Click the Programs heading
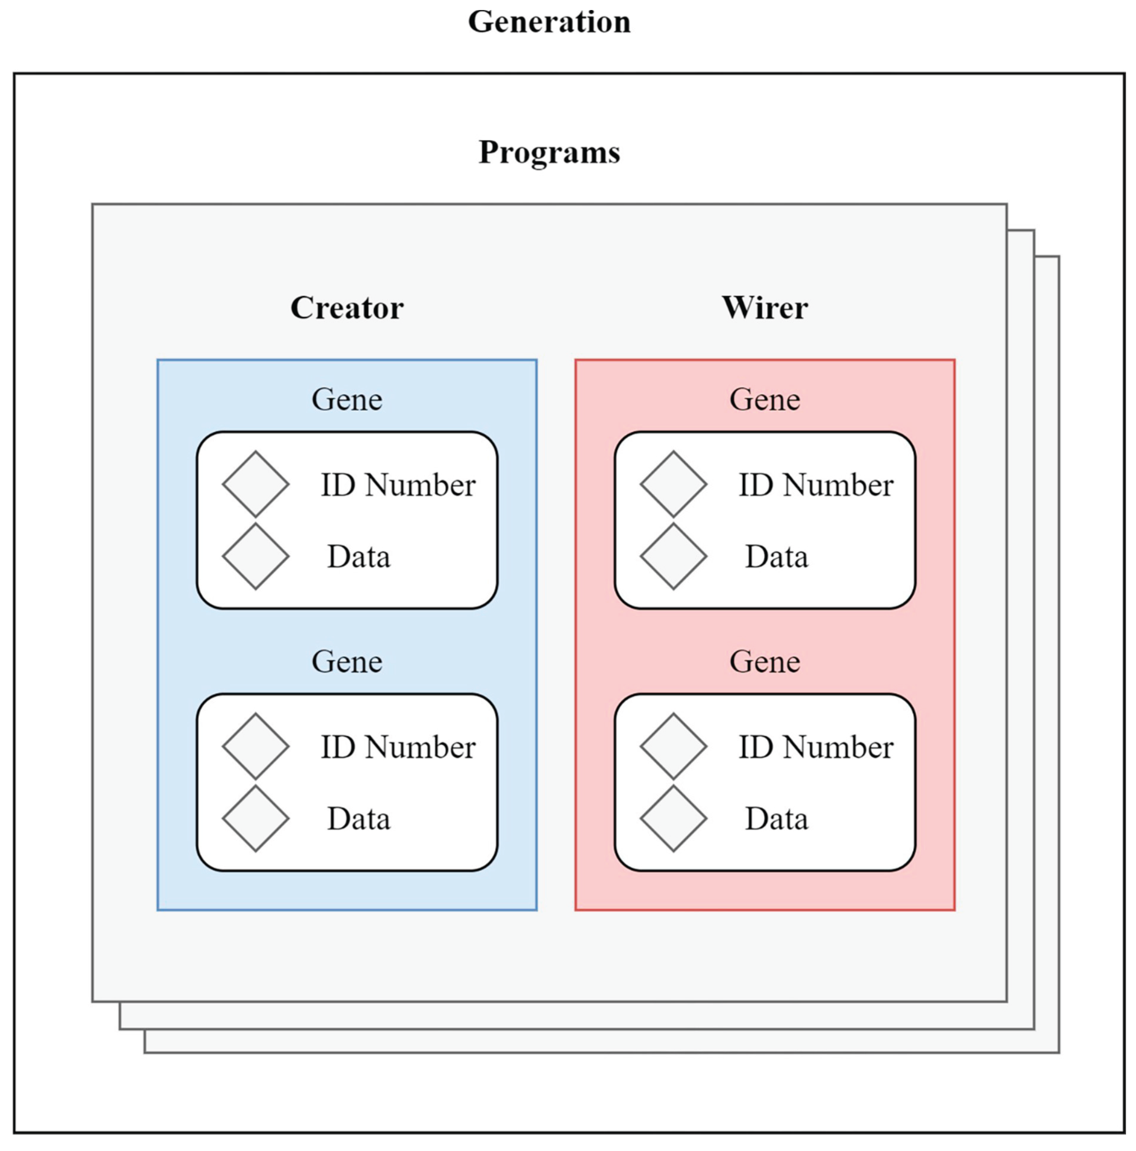(x=549, y=153)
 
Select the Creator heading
(x=347, y=308)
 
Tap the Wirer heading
(x=765, y=308)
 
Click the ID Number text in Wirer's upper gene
(x=816, y=485)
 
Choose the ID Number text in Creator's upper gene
(x=398, y=485)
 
